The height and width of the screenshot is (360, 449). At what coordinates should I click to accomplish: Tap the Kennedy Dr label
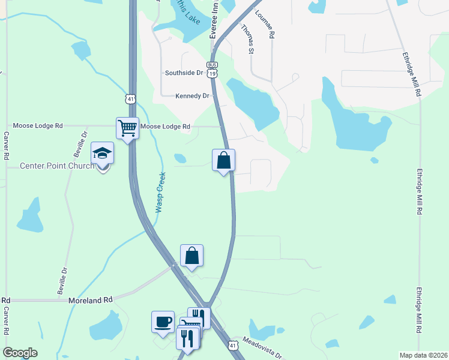click(x=192, y=95)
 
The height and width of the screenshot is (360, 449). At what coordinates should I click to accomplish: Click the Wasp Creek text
click(x=160, y=193)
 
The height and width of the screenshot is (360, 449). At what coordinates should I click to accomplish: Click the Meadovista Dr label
click(x=263, y=347)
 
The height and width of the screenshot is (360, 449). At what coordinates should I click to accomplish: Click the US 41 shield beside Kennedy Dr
click(x=131, y=98)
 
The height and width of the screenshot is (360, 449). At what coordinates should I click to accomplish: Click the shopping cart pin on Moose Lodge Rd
click(x=127, y=128)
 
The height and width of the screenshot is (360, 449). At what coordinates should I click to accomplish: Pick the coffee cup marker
click(x=163, y=322)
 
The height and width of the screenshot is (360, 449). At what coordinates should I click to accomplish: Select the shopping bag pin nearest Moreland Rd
click(x=191, y=255)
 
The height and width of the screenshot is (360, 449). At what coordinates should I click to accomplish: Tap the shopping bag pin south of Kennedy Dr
click(x=223, y=160)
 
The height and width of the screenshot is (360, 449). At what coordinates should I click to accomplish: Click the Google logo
click(x=20, y=353)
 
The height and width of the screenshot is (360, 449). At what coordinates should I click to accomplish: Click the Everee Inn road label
click(x=213, y=19)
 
